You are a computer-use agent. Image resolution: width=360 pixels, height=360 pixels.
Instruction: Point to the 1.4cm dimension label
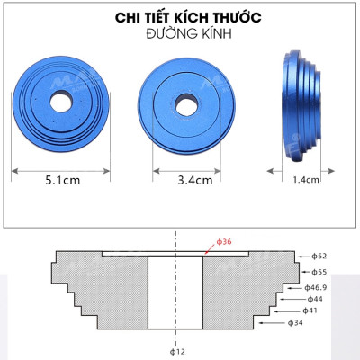tap(306, 179)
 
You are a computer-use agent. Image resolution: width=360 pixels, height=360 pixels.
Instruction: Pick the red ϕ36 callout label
tap(224, 242)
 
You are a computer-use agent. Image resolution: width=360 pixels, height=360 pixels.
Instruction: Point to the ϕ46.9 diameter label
tap(319, 285)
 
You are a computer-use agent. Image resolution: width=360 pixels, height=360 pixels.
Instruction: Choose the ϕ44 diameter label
tap(314, 298)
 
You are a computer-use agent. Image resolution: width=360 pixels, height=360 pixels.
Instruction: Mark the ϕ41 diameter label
tap(310, 310)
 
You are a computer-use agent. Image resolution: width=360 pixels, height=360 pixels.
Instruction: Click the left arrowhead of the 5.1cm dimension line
tap(13, 168)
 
